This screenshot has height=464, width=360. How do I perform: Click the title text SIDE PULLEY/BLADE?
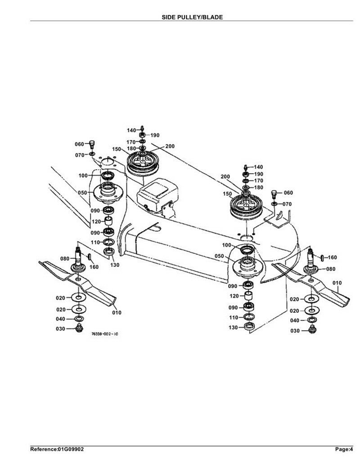point(192,17)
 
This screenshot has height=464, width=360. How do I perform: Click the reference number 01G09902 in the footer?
point(71,449)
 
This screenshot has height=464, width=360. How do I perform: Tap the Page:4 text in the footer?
point(344,449)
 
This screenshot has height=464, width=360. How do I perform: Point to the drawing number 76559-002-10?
point(105,334)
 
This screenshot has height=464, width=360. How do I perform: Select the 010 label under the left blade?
point(117,312)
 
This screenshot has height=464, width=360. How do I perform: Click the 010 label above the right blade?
point(337,283)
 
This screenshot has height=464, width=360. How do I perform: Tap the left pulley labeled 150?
point(143,163)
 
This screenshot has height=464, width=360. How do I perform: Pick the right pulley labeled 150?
point(246,206)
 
